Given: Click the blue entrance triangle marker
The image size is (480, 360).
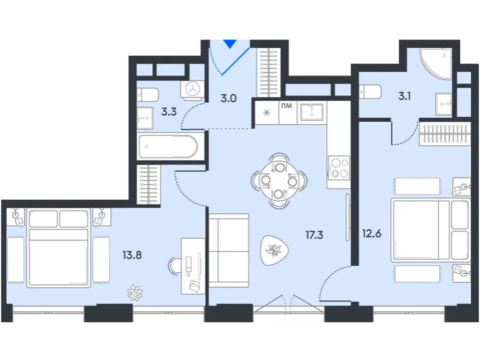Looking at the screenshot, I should click(x=229, y=44).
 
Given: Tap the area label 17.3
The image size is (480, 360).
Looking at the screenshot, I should click(x=315, y=234).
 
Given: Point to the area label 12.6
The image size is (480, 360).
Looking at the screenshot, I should click(x=371, y=232).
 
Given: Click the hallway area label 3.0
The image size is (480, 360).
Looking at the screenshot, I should click(x=228, y=98).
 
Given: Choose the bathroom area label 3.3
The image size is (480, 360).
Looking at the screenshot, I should click(x=169, y=112).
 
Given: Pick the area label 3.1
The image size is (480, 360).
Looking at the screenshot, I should click(x=404, y=97).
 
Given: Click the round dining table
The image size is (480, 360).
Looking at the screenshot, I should click(x=279, y=180).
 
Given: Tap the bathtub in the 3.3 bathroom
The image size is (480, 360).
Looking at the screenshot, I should click(x=168, y=147).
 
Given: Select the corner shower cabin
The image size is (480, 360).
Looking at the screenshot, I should click(x=436, y=63).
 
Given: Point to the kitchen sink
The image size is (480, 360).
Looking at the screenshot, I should click(x=312, y=112).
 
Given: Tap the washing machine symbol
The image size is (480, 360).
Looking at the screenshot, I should click(x=193, y=89).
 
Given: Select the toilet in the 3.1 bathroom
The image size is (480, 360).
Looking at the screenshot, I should click(x=370, y=91).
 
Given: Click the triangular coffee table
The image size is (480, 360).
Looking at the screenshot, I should click(x=274, y=249).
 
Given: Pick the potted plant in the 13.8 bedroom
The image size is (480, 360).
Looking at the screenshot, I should click(x=135, y=293).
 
